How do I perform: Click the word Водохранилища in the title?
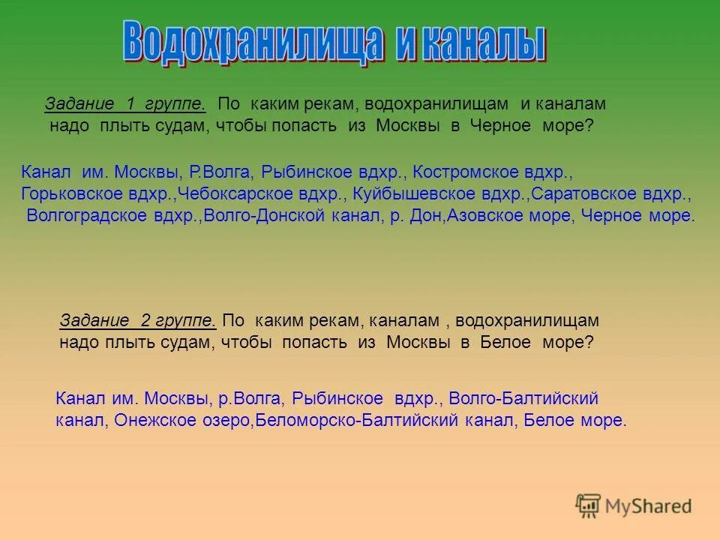tap(247, 43)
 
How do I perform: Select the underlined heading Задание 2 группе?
tap(138, 321)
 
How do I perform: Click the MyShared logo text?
tap(649, 506)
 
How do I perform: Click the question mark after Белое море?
tap(589, 343)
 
